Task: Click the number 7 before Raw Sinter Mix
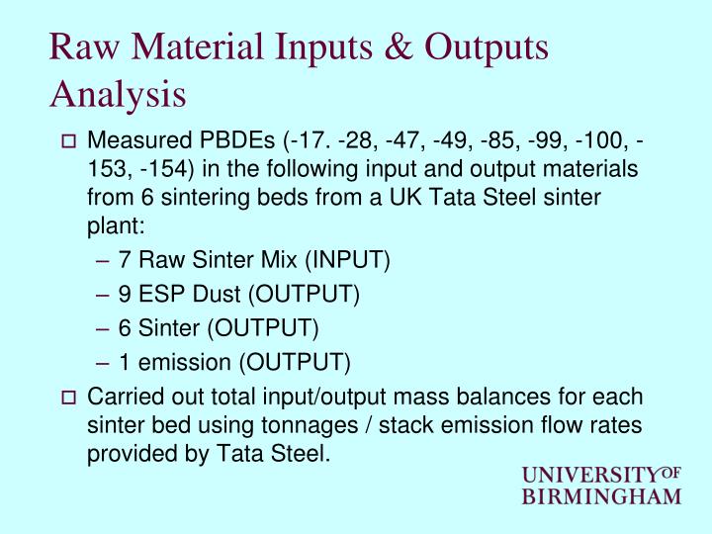125,260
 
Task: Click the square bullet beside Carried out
68,399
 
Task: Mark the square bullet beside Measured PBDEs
68,143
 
